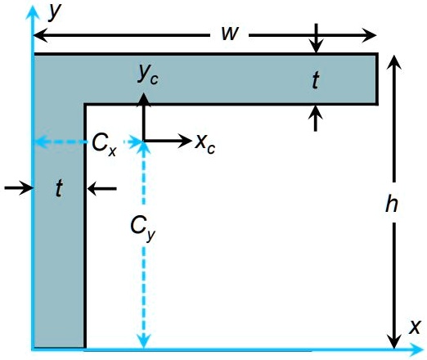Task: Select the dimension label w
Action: tap(229, 34)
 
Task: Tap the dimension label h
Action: tap(393, 205)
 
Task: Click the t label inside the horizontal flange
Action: tap(316, 79)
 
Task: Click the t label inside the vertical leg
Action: tap(58, 189)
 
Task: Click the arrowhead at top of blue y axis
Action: tap(32, 9)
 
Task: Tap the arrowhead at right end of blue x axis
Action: tap(419, 350)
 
